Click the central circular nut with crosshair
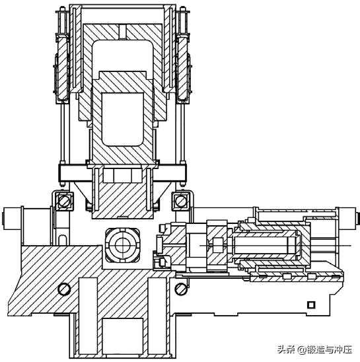pyautogui.click(x=123, y=245)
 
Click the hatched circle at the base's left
pyautogui.click(x=64, y=289)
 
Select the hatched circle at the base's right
pyautogui.click(x=180, y=289)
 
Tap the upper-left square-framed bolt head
pyautogui.click(x=64, y=201)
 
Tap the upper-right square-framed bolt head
pyautogui.click(x=181, y=201)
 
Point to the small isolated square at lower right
pyautogui.click(x=311, y=305)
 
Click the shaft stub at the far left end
pyautogui.click(x=11, y=219)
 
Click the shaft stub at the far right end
pyautogui.click(x=349, y=219)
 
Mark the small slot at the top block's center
pyautogui.click(x=123, y=31)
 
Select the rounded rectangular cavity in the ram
pyautogui.click(x=123, y=119)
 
